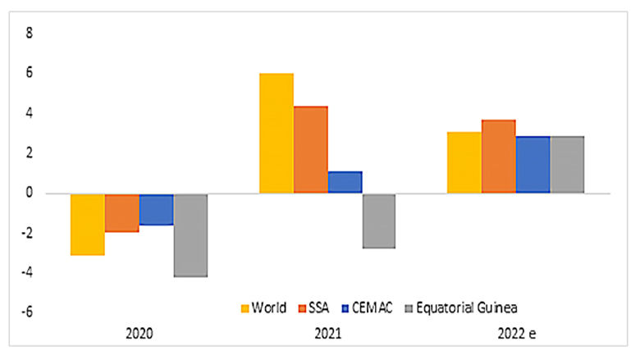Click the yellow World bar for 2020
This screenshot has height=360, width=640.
tap(87, 224)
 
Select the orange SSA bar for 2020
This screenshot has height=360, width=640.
tap(121, 212)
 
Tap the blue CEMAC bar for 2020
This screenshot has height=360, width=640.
tap(156, 209)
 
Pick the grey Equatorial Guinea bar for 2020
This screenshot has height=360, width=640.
tap(190, 235)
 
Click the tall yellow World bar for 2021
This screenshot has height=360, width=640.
tap(277, 134)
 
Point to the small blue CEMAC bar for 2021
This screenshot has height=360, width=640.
tap(345, 182)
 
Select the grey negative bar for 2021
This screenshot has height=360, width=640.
tap(379, 221)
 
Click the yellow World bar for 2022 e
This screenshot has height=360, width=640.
tap(464, 162)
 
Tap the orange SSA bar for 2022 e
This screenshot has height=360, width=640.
tap(498, 157)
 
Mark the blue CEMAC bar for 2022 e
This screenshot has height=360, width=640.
tap(533, 165)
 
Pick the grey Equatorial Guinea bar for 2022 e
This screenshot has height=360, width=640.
tap(567, 165)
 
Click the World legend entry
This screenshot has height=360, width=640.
tap(263, 308)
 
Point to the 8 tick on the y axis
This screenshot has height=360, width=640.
tap(30, 34)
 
